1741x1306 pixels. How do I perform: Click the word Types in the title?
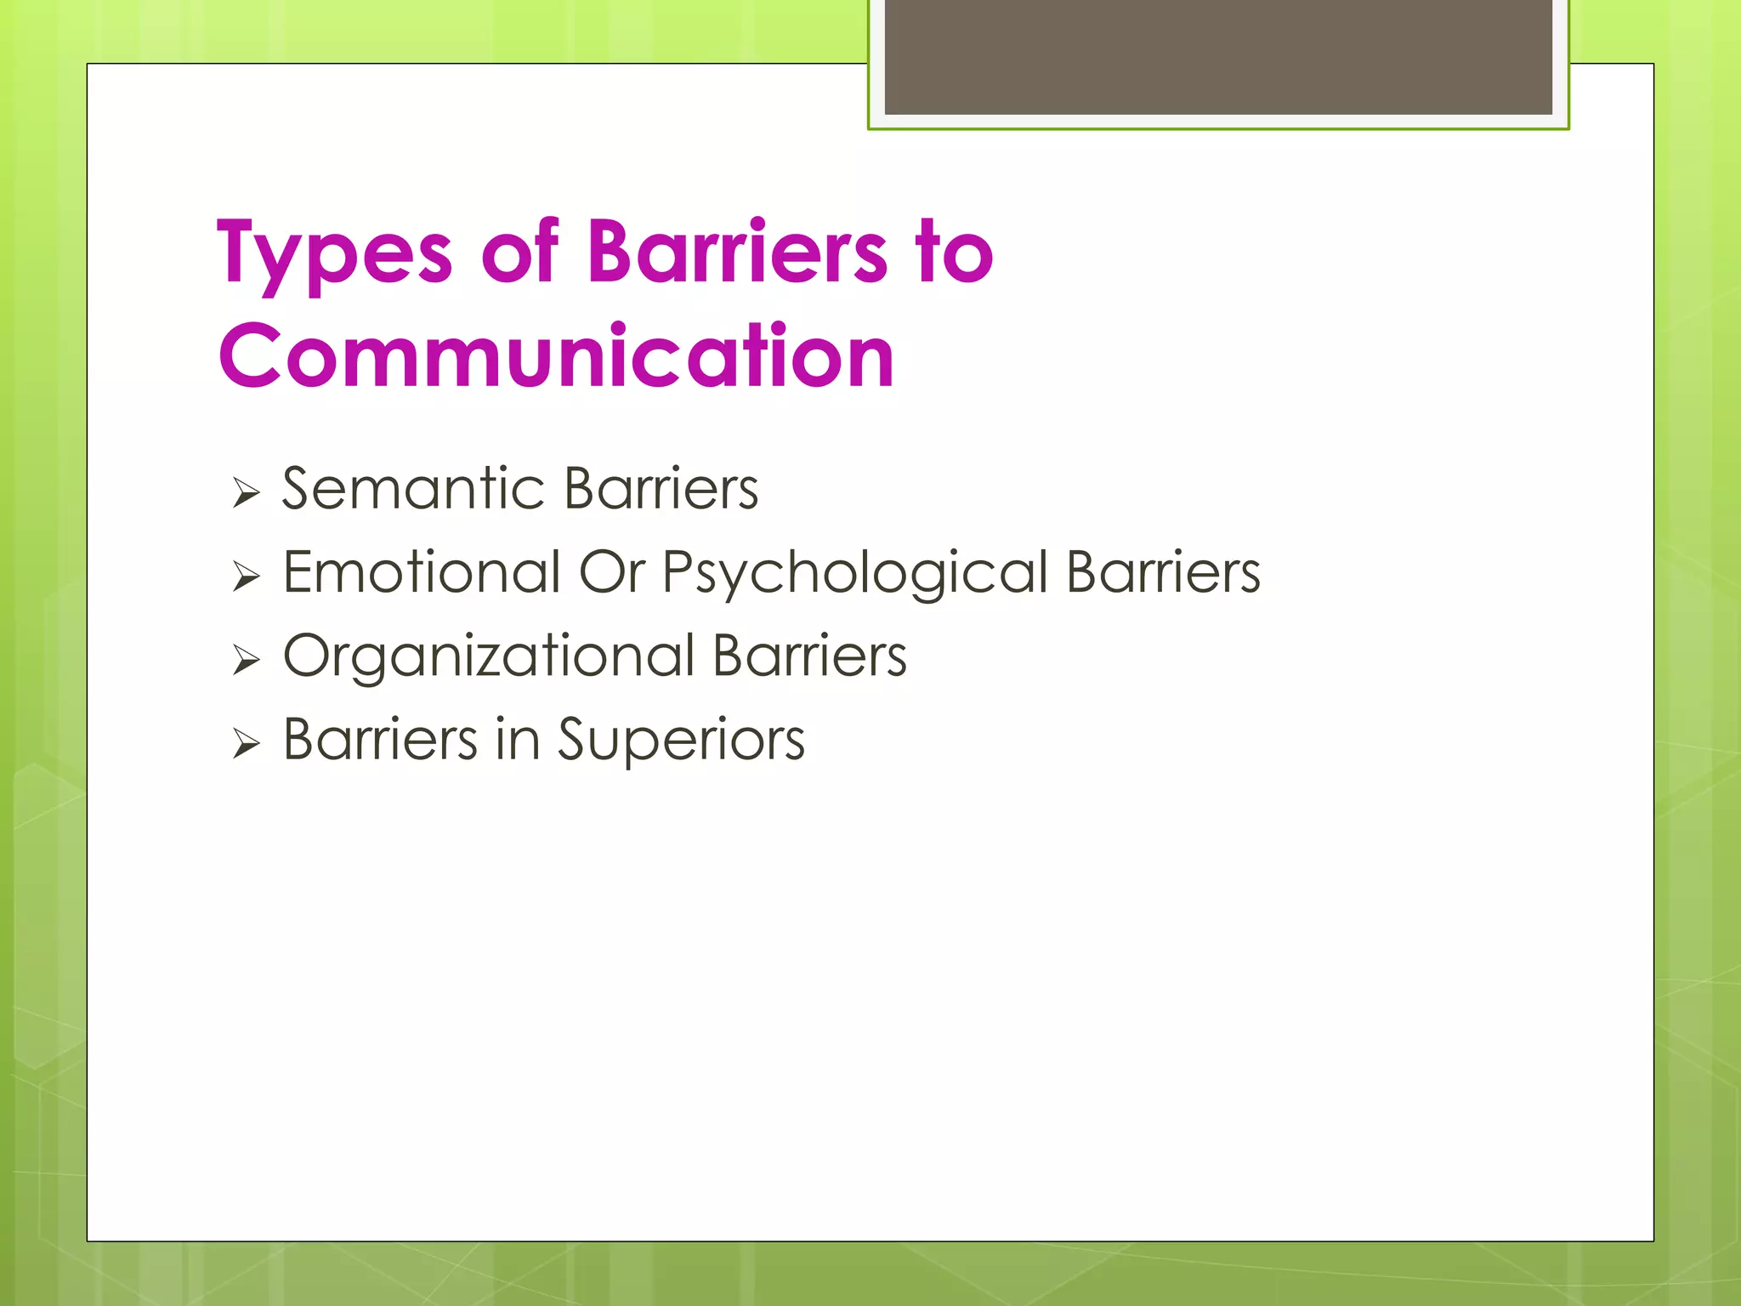[x=334, y=253]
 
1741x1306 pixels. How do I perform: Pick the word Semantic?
[x=413, y=489]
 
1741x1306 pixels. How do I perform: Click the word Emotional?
[x=422, y=572]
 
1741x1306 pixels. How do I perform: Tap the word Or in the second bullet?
[x=611, y=572]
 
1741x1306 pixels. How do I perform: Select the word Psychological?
[x=854, y=574]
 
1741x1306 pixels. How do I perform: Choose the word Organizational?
[x=489, y=657]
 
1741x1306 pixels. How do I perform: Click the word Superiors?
[x=680, y=741]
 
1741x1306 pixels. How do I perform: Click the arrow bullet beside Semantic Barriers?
[x=246, y=492]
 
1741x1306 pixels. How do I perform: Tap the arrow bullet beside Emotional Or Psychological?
[x=246, y=576]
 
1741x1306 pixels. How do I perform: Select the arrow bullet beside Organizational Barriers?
[x=246, y=660]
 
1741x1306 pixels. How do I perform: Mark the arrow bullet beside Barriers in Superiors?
[x=246, y=744]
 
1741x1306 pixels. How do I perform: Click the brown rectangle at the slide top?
[x=1218, y=57]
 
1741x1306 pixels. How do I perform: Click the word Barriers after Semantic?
[x=661, y=489]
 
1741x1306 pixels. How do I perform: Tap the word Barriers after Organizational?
[x=809, y=656]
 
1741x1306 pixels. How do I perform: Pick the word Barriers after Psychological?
[x=1163, y=572]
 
